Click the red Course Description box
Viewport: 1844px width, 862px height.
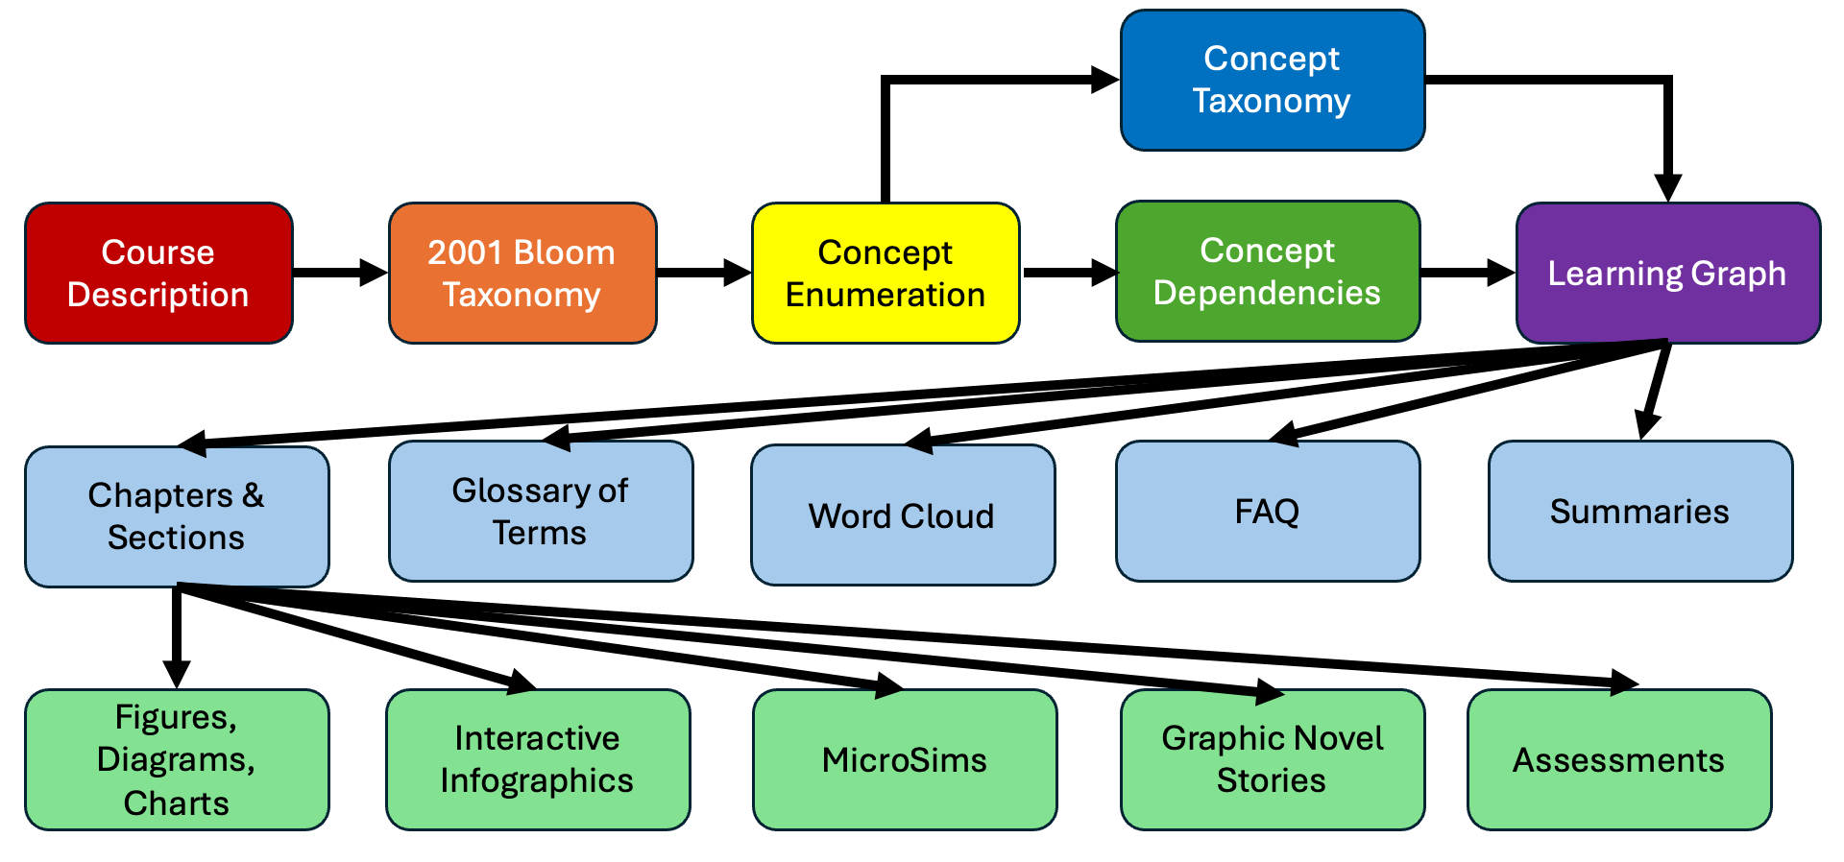(x=158, y=273)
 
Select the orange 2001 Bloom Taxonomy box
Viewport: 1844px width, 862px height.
(x=522, y=273)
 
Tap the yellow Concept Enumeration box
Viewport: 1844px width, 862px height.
(x=886, y=273)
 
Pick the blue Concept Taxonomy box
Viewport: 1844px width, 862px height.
(x=1273, y=81)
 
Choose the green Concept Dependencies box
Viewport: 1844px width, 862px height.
(x=1268, y=271)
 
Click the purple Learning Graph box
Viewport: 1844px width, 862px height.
(x=1668, y=273)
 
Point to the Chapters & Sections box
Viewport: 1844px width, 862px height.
(x=177, y=516)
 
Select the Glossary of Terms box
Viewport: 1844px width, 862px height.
(x=541, y=512)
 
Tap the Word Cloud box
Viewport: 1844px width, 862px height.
(x=903, y=515)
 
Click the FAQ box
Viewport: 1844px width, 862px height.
(x=1268, y=512)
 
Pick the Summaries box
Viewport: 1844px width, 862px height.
(x=1640, y=512)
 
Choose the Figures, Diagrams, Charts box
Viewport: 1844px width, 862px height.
(x=177, y=759)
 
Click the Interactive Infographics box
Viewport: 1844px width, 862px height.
(x=538, y=759)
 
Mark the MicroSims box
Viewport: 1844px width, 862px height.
(x=905, y=759)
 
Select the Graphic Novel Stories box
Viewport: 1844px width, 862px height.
(x=1273, y=759)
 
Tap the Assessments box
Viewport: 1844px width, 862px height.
(x=1619, y=759)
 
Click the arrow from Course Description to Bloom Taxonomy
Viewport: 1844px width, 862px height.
(x=341, y=273)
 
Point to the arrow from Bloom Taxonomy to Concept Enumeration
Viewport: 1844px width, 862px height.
(x=704, y=273)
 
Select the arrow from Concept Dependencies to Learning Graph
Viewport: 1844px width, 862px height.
(x=1468, y=273)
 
